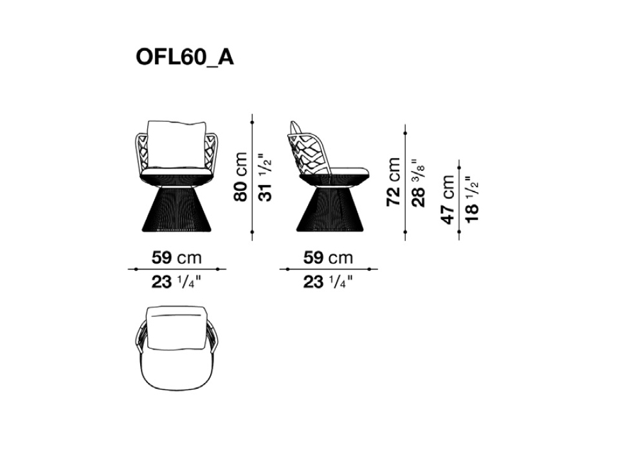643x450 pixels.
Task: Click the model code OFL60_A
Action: (x=185, y=58)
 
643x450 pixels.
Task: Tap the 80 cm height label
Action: (x=240, y=177)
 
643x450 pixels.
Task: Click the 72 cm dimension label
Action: (x=394, y=181)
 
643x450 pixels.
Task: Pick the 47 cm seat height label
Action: (x=448, y=199)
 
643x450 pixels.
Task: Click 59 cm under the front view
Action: (x=177, y=258)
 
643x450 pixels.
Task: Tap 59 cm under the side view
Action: (x=328, y=258)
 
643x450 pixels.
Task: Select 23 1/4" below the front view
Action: (x=177, y=282)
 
